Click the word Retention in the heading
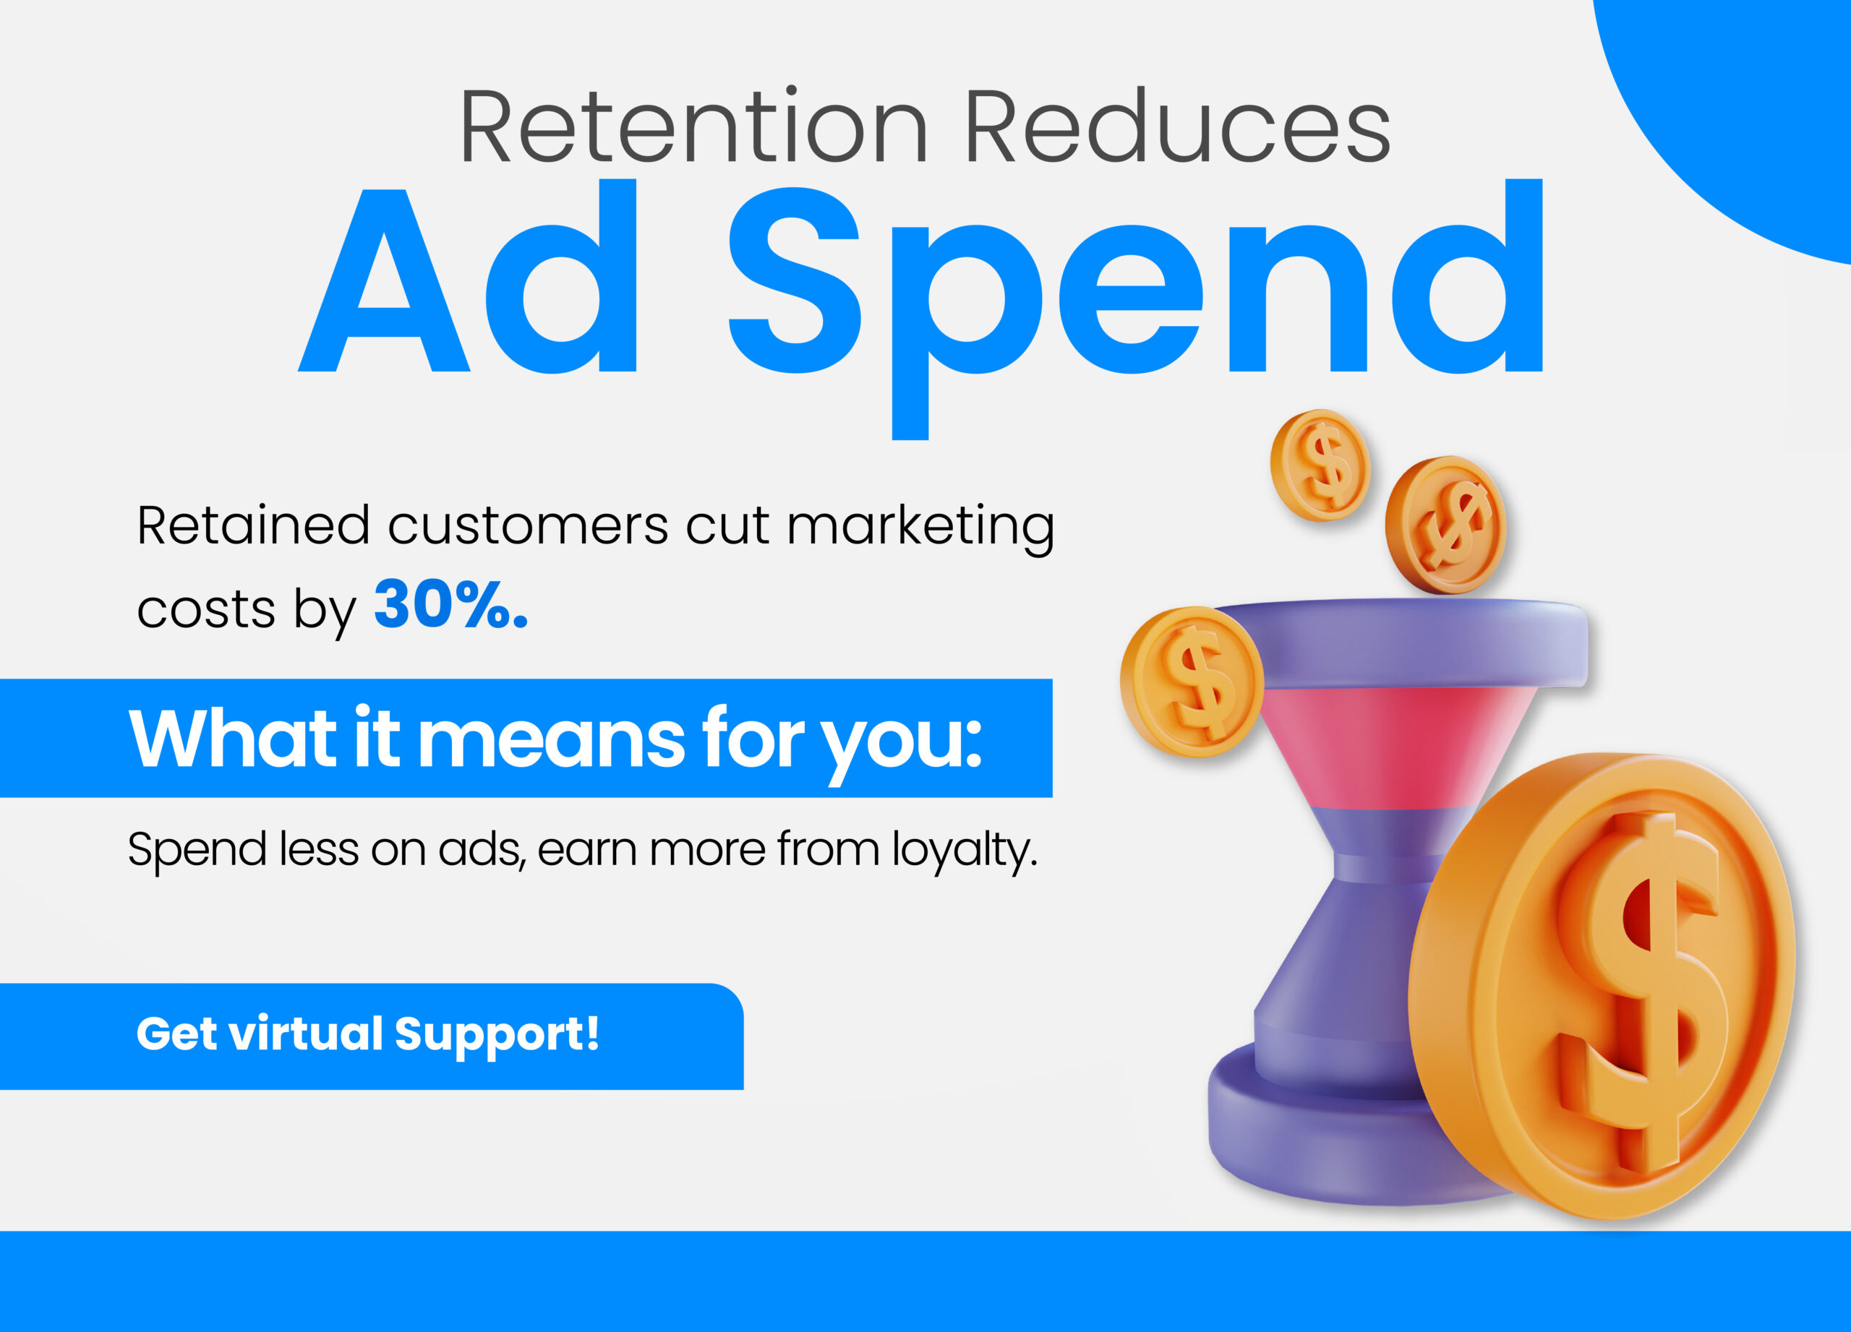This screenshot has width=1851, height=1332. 693,126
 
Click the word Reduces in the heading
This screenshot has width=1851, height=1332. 1178,126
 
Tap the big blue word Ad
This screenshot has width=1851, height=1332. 468,275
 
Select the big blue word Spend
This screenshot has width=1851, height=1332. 1135,309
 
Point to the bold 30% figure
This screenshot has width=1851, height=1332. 450,604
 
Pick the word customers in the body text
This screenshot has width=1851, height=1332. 527,525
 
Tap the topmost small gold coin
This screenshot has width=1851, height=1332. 1320,465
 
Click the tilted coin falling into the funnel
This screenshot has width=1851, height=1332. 1445,525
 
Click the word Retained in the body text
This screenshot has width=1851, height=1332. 253,525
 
